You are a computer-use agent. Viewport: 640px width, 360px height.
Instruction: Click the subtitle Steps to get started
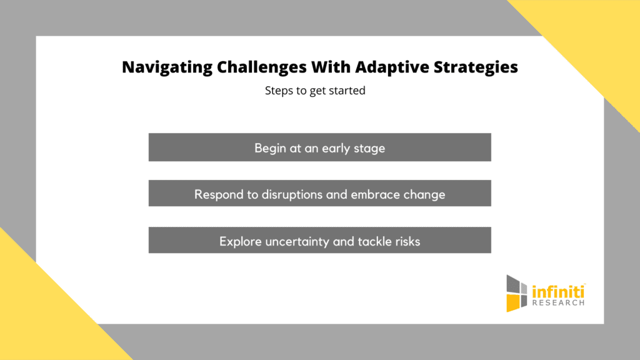pos(315,91)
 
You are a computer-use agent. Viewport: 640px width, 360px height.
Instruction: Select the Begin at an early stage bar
pos(319,147)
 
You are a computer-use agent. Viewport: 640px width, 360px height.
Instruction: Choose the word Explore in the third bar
pos(240,241)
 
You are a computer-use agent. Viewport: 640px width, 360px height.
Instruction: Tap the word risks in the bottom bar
pos(405,241)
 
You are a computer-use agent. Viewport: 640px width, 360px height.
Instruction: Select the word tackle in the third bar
pos(370,241)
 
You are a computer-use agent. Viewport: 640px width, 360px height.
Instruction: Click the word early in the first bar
pos(336,149)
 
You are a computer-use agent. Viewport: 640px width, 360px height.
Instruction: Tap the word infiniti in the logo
pos(558,291)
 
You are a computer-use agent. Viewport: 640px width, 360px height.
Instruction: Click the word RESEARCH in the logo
pos(558,303)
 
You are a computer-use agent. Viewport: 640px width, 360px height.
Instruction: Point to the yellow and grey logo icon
pos(517,292)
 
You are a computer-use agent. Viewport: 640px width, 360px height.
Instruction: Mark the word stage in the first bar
pos(369,149)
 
